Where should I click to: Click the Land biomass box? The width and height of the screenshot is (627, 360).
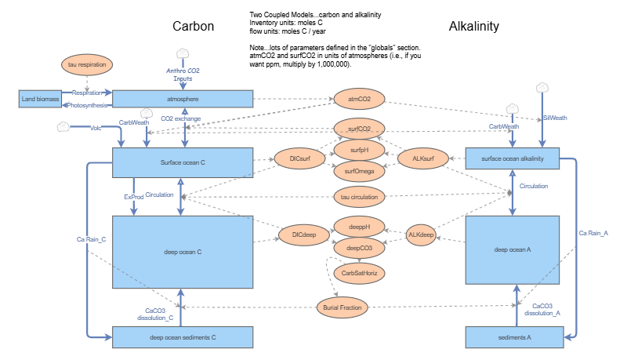[39, 99]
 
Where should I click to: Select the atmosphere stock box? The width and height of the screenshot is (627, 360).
[182, 99]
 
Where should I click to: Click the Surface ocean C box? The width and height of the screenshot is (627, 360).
[182, 162]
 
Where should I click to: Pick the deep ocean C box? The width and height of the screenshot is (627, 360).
[182, 252]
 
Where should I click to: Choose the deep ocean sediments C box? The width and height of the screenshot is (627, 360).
[182, 338]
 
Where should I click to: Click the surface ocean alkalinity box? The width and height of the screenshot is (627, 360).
[514, 158]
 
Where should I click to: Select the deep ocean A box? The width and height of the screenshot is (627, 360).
[513, 249]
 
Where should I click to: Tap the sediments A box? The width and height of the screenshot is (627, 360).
[514, 338]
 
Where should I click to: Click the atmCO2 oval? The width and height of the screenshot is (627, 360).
[358, 100]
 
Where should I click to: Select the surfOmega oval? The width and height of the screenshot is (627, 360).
[358, 168]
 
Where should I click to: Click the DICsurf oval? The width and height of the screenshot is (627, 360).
[297, 158]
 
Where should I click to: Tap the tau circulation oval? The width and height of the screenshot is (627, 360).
[359, 195]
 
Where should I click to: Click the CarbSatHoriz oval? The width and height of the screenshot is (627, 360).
[359, 273]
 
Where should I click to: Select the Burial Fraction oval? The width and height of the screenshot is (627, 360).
[342, 307]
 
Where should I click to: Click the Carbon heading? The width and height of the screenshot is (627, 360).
[194, 27]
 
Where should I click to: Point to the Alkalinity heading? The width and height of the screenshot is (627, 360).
[473, 27]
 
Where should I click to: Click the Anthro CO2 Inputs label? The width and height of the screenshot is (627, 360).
[182, 75]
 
